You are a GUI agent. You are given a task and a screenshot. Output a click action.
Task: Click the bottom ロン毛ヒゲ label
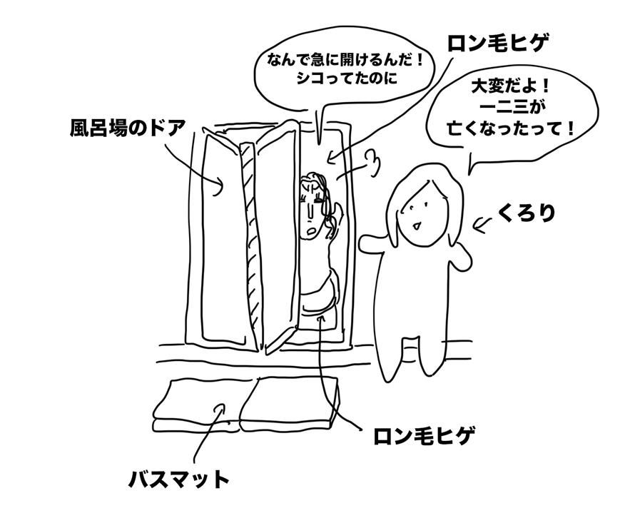tap(424, 435)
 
